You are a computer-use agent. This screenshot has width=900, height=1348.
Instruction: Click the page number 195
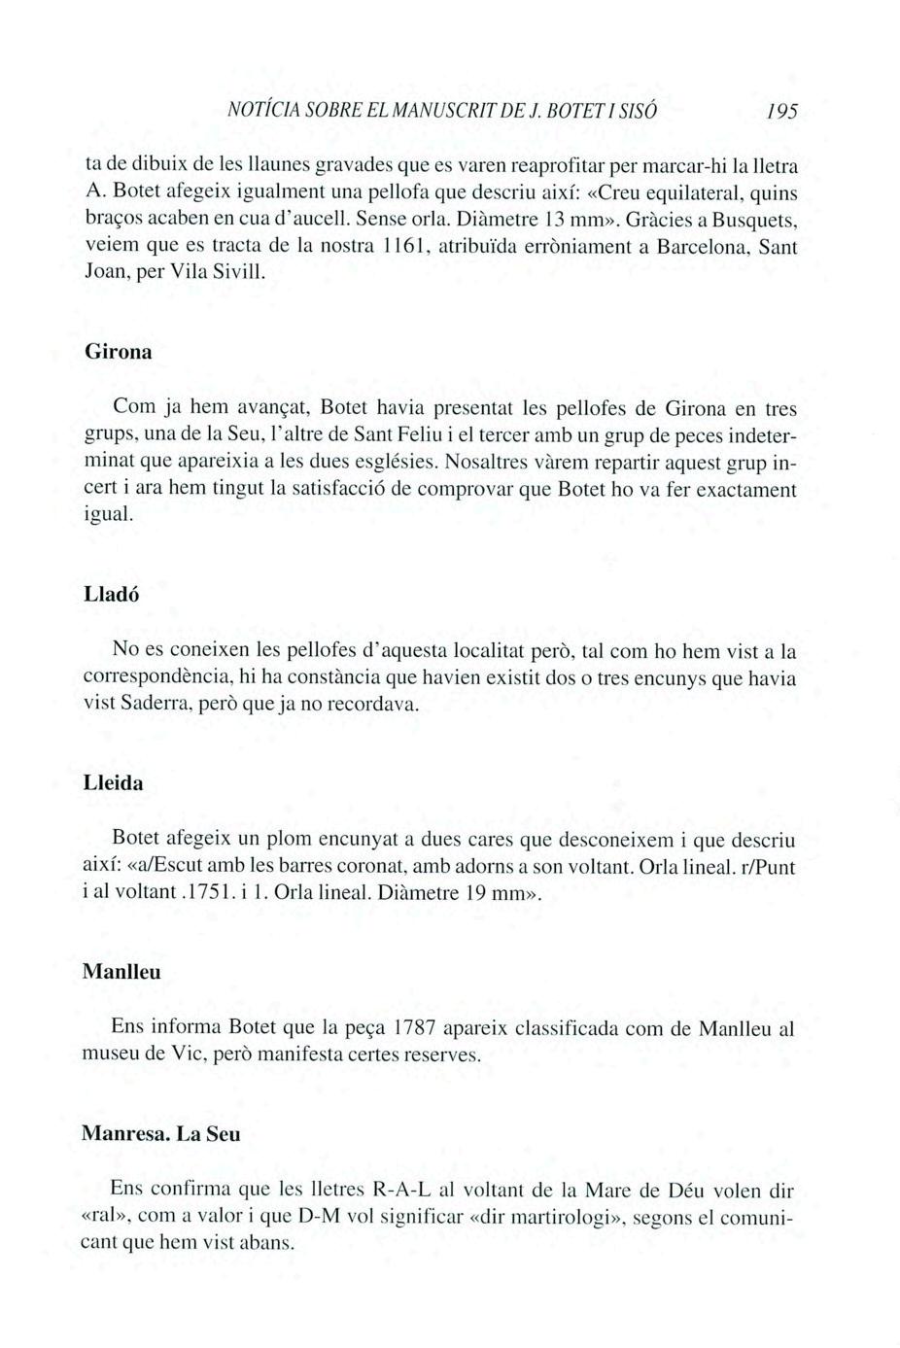(x=780, y=113)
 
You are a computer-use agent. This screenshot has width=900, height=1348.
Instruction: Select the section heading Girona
(x=119, y=351)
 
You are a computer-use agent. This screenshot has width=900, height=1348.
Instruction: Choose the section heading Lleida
(x=113, y=783)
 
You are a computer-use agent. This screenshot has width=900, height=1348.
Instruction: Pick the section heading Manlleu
(x=121, y=972)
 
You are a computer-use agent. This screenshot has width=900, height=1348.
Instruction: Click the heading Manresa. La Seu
(x=161, y=1134)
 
